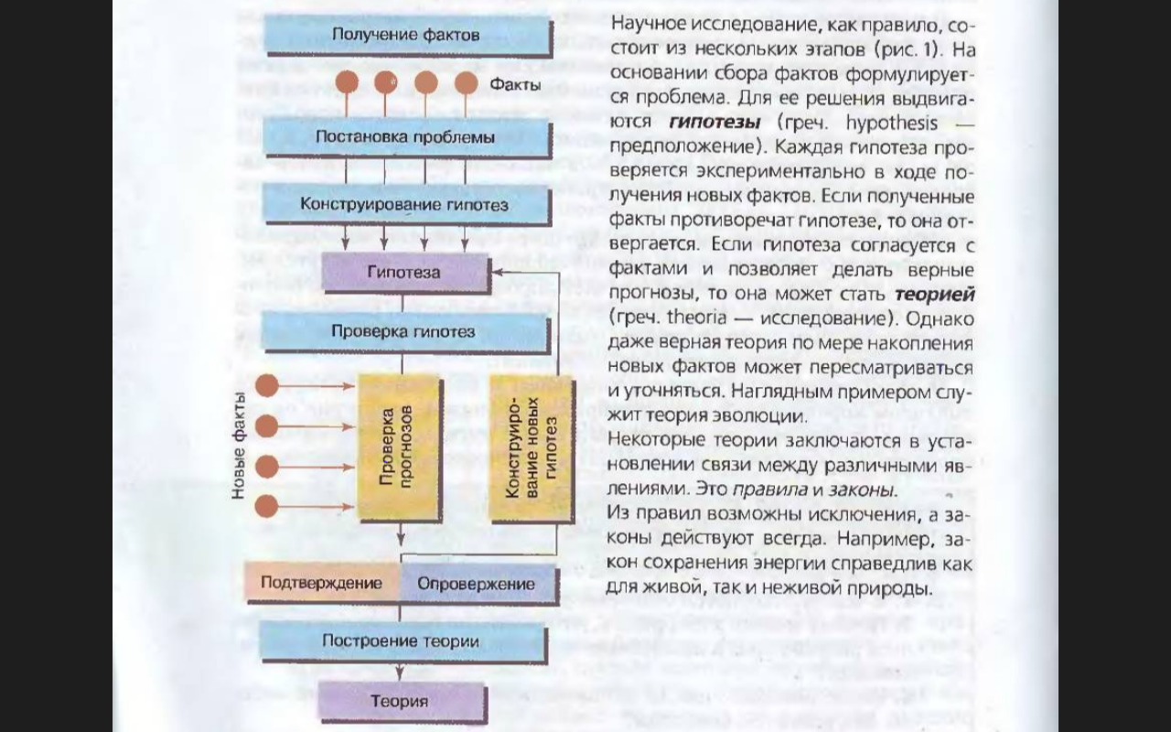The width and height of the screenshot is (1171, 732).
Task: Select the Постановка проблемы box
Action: [x=406, y=137]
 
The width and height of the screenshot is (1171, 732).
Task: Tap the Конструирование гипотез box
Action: [x=406, y=205]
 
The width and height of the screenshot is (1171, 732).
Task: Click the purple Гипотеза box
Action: [x=403, y=272]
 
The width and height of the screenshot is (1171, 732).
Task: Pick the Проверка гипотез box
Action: [x=403, y=331]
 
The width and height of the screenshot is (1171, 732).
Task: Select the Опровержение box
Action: [x=477, y=584]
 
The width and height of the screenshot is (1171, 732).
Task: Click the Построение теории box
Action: [x=401, y=640]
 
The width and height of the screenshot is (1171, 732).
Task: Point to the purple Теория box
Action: [x=400, y=702]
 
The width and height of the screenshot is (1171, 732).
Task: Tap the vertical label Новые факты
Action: [x=239, y=446]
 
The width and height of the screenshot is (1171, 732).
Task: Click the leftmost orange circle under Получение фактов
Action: [x=347, y=82]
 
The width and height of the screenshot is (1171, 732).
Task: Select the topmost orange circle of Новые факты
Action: [x=266, y=386]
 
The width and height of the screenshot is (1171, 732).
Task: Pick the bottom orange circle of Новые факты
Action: [x=266, y=506]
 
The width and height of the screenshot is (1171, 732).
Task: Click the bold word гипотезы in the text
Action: [x=714, y=122]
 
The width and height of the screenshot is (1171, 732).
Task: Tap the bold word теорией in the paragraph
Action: [x=935, y=295]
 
